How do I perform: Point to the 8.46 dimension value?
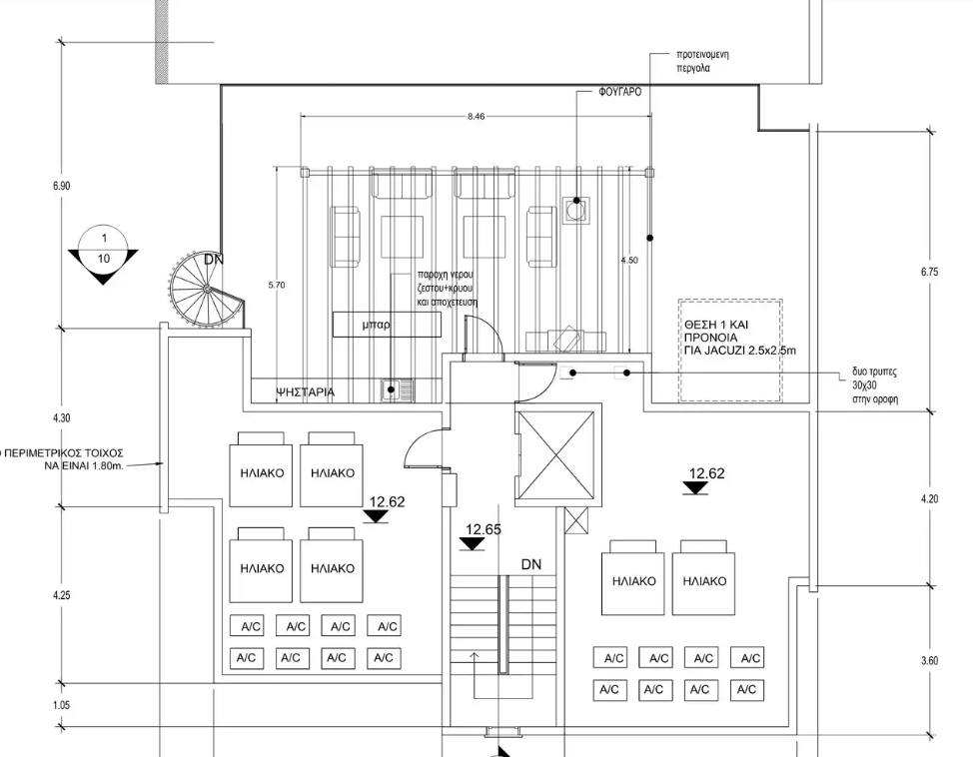(476, 117)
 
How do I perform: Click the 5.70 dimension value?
(277, 285)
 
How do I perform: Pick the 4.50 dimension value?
(628, 260)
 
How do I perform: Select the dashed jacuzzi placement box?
(729, 350)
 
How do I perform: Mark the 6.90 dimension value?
(62, 186)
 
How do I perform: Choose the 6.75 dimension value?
(929, 272)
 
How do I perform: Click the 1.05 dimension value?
(62, 705)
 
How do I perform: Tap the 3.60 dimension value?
(929, 660)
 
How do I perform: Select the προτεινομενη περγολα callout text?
(701, 62)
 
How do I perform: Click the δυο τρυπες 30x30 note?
(875, 384)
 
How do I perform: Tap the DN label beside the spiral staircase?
(214, 260)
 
